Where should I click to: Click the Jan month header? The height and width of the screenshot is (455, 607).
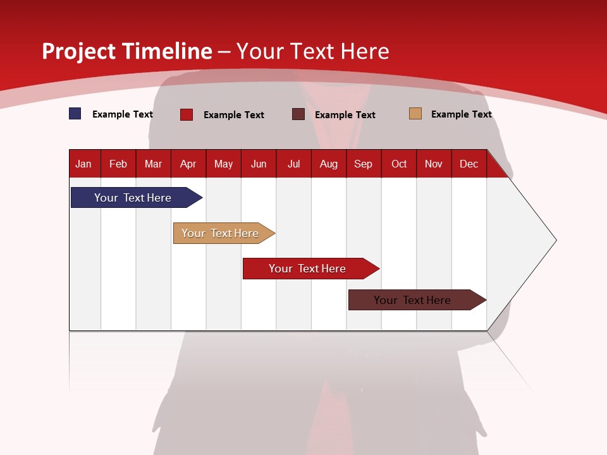(x=84, y=164)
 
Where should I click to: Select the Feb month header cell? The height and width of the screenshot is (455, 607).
(x=118, y=164)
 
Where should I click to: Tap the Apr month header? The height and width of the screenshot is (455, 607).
(x=188, y=164)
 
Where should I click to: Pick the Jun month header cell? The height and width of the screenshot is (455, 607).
(x=259, y=164)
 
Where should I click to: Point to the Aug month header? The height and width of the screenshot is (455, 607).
(x=329, y=164)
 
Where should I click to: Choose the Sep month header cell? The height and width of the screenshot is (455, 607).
(x=364, y=164)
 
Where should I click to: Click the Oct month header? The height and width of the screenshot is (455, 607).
(x=399, y=164)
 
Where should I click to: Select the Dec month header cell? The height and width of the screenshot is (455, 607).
(x=469, y=164)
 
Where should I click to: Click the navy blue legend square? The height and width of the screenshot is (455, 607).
(x=75, y=114)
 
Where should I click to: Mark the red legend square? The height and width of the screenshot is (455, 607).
(x=187, y=114)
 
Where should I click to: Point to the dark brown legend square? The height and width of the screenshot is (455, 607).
(x=298, y=114)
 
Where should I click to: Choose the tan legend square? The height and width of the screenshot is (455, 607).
(x=415, y=114)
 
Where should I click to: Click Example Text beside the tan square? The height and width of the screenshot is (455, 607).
(x=461, y=114)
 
